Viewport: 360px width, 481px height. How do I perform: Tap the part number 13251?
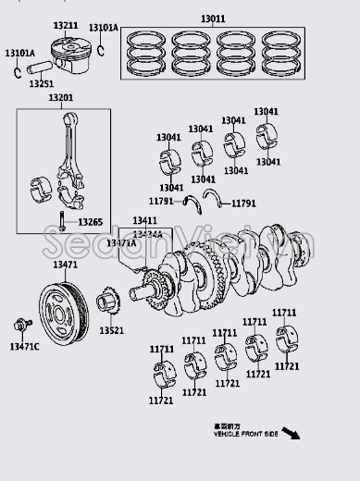(x=41, y=84)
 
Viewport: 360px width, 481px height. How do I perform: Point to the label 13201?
(x=62, y=97)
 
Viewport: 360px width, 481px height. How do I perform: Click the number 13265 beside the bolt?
(x=90, y=223)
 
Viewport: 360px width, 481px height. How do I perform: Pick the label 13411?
(x=144, y=221)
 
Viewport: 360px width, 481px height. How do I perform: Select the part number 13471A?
(x=122, y=242)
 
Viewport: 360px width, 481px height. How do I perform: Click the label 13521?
(x=111, y=330)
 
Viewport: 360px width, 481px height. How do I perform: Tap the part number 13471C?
(x=25, y=347)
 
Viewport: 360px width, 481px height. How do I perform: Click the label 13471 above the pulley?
(x=65, y=265)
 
